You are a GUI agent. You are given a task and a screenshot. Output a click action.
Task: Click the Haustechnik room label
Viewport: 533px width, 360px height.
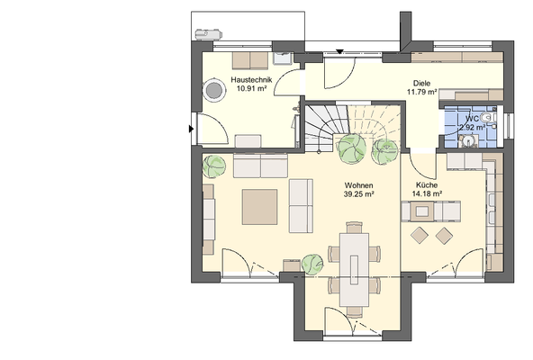tap(251, 80)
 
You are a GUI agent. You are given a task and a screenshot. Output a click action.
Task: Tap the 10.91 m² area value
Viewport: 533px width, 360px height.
tap(251, 89)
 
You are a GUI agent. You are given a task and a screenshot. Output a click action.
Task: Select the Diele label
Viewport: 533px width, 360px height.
tap(421, 83)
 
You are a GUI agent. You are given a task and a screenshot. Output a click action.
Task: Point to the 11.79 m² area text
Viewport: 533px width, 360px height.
tap(421, 92)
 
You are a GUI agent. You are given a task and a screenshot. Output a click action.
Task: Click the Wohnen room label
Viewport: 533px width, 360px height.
tap(358, 185)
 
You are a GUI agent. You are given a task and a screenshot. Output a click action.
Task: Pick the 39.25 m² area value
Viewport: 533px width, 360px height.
tap(359, 194)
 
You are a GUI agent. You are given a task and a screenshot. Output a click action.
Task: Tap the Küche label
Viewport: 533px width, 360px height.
tap(427, 184)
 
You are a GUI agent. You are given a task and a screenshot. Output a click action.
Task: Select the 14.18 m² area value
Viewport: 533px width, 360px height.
tap(427, 193)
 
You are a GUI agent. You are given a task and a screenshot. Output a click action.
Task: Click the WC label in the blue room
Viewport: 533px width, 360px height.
tap(472, 119)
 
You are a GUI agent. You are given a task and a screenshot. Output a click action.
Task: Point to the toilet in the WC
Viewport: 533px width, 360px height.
tap(489, 118)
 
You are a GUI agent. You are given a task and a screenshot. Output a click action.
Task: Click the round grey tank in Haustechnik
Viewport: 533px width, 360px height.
tap(213, 90)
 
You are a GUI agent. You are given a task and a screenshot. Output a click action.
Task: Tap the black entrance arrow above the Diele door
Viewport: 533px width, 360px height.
tap(339, 51)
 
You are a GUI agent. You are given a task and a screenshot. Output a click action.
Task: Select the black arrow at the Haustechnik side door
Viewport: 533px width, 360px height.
tap(192, 129)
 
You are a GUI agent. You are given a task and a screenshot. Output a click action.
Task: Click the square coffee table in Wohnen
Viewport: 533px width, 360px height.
tap(259, 207)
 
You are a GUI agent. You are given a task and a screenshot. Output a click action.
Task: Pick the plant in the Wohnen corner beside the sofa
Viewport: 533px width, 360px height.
tap(214, 166)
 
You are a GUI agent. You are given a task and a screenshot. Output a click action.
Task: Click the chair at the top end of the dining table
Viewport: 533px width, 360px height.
tap(354, 228)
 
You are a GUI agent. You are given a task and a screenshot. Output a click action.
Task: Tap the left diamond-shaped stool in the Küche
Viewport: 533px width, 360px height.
tap(420, 235)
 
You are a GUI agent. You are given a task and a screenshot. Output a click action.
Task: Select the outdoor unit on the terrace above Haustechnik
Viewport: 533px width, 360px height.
tap(208, 34)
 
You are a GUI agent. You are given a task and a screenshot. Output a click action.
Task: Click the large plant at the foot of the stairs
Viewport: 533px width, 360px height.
tap(351, 148)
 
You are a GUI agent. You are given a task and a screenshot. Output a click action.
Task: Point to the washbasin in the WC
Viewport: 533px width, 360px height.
tap(469, 141)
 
